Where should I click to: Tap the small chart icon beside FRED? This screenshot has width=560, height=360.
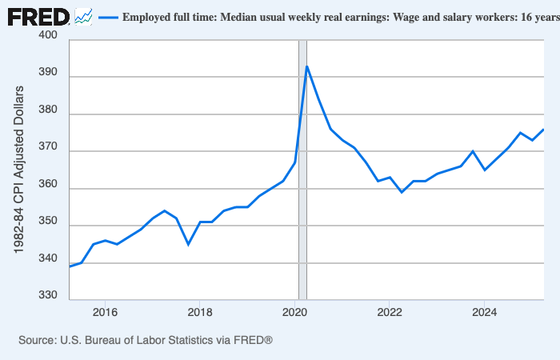(83, 16)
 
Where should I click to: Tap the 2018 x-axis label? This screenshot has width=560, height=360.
(200, 312)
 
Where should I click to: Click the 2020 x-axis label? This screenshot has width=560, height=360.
(295, 312)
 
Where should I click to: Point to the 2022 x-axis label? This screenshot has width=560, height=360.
(390, 312)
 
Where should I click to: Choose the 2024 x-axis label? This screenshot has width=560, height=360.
(485, 312)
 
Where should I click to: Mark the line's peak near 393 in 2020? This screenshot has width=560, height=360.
(307, 66)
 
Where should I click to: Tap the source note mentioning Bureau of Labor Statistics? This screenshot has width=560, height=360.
(146, 341)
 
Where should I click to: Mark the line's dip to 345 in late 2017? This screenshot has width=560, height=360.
(188, 244)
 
